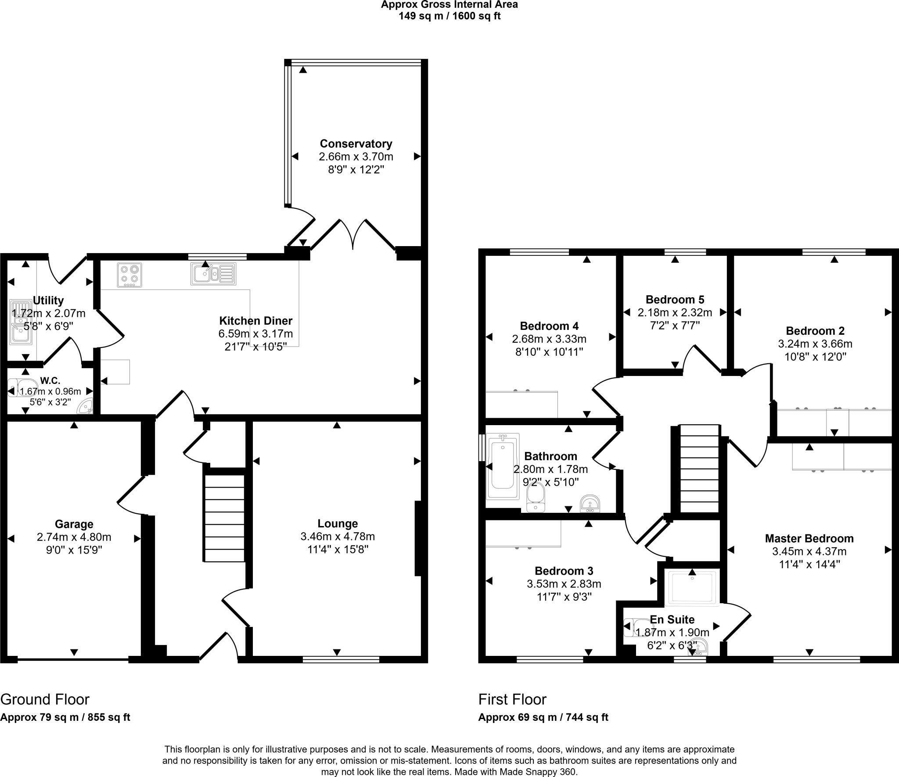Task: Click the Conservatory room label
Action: (356, 143)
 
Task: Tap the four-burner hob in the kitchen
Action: (129, 275)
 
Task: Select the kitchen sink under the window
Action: (213, 274)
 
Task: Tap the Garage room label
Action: (74, 524)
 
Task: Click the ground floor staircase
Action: (224, 518)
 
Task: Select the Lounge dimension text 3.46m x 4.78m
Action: (338, 536)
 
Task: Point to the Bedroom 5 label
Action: (675, 300)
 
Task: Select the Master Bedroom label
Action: (809, 538)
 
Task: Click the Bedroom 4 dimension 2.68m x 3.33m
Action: (549, 339)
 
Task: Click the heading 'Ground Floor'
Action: (45, 699)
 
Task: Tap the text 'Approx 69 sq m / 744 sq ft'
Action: (543, 717)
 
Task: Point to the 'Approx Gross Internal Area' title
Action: (449, 5)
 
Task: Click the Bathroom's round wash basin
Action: (591, 504)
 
